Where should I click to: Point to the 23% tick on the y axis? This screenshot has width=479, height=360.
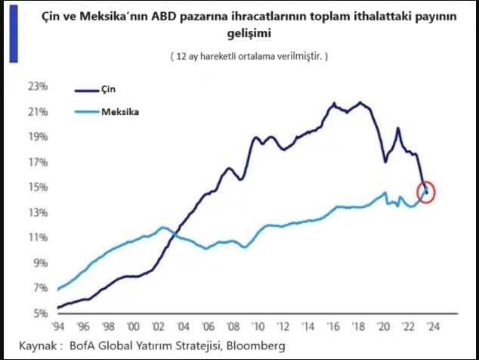[38, 87]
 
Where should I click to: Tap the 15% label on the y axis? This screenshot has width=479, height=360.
[38, 188]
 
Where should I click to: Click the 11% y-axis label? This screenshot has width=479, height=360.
[38, 237]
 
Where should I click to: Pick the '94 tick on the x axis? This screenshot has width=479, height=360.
[58, 326]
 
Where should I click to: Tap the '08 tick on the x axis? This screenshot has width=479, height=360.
[232, 326]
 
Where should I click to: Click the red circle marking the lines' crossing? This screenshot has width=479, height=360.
[426, 192]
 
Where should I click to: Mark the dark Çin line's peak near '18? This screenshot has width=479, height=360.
[360, 102]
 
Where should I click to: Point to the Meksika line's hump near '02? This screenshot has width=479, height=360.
[161, 228]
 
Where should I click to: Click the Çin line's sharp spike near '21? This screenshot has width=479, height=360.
[398, 128]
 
